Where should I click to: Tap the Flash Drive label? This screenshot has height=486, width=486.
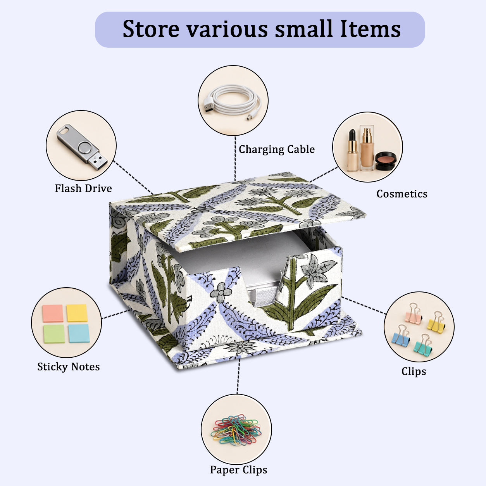point(83,188)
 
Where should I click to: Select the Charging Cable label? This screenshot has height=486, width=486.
point(277,149)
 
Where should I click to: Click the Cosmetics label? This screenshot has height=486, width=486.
point(402,194)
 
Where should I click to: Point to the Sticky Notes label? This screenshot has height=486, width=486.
point(69,367)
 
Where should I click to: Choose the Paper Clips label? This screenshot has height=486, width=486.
point(239,470)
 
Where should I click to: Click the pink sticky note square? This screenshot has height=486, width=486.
point(53,313)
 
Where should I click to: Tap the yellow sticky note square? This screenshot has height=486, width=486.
point(77,313)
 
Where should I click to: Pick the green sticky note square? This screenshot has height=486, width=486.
point(54,334)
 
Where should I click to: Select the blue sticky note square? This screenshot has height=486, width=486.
point(79,333)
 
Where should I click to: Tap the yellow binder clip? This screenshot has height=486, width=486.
point(436,323)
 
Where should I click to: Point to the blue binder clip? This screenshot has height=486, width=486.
point(401,336)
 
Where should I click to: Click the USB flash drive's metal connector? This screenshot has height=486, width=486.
point(98,161)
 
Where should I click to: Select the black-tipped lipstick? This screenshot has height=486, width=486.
point(353,150)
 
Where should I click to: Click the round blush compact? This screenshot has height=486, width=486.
point(385,161)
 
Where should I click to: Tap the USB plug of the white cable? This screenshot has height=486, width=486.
point(209,105)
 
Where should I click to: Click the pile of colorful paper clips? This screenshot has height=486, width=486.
point(236,430)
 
